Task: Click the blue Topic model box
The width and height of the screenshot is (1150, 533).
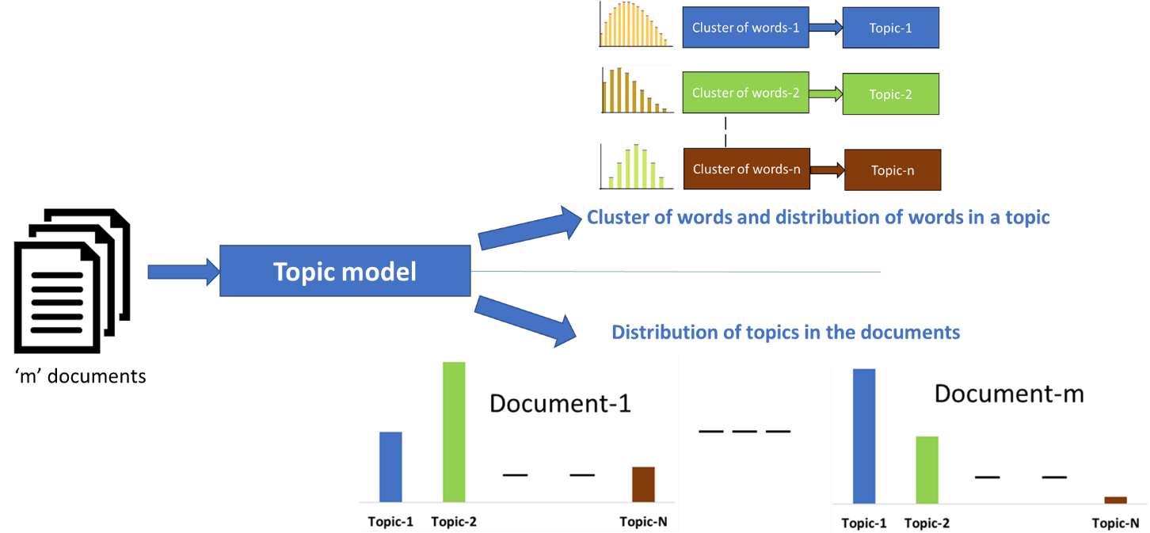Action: click(x=345, y=272)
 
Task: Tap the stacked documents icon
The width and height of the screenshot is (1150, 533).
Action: click(x=72, y=280)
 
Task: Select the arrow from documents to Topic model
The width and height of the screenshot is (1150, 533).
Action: click(x=183, y=272)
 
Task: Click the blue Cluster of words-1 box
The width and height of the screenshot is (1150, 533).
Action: click(x=745, y=28)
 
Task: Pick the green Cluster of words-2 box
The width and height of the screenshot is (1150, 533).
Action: click(x=745, y=93)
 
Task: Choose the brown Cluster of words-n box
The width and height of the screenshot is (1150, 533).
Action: click(x=746, y=169)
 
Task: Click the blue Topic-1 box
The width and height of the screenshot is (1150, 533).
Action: click(x=890, y=28)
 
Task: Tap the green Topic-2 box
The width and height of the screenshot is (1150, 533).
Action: click(x=890, y=94)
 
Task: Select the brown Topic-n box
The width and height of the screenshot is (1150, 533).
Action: click(x=892, y=170)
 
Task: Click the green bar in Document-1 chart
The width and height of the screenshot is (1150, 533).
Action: click(x=454, y=432)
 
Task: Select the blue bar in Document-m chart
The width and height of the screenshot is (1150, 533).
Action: click(x=864, y=436)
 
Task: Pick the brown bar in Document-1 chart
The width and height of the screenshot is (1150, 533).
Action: click(x=643, y=484)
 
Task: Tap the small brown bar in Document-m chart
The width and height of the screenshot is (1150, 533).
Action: click(x=1115, y=500)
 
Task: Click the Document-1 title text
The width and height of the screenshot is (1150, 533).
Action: click(x=560, y=403)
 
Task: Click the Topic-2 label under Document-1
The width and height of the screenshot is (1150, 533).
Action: click(x=454, y=522)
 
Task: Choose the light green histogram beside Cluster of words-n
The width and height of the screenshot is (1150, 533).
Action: click(x=638, y=167)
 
